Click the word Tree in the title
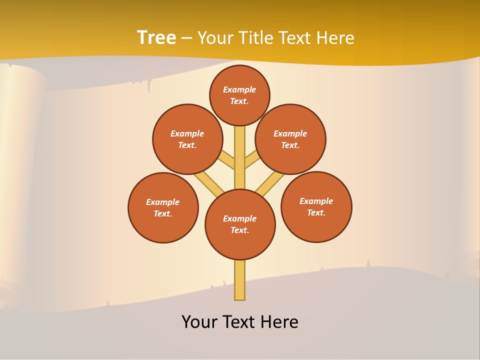[x=156, y=37]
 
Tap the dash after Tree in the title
[x=186, y=38]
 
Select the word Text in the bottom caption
[x=239, y=322]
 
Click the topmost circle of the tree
[x=239, y=95]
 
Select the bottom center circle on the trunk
[x=240, y=224]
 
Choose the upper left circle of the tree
[x=187, y=139]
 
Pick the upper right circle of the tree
[x=290, y=139]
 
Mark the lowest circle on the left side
[x=163, y=207]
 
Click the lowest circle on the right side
[x=316, y=206]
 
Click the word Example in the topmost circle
[x=239, y=89]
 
